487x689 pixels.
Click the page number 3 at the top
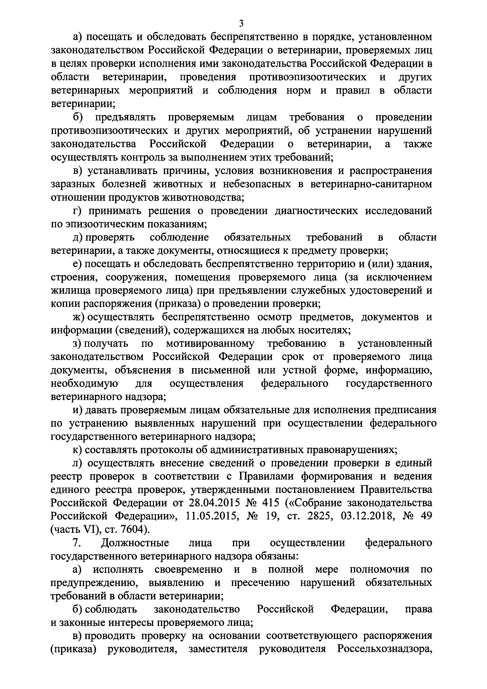coord(241,23)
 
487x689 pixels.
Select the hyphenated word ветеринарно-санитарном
coord(371,184)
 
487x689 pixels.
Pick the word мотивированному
coord(210,344)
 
